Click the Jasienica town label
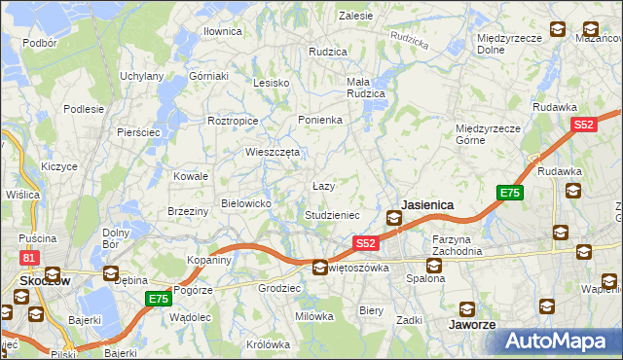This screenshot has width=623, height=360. [x=427, y=205]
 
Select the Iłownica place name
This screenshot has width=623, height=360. [x=222, y=31]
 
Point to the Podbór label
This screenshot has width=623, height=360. [x=39, y=43]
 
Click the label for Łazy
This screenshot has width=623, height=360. [x=323, y=185]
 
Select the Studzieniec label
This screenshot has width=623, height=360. [x=332, y=215]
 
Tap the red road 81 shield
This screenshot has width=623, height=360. [x=29, y=258]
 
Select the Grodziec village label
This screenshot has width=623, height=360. [x=277, y=289]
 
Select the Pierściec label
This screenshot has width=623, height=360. [x=137, y=131]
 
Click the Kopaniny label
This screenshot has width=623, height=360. [x=209, y=261]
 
